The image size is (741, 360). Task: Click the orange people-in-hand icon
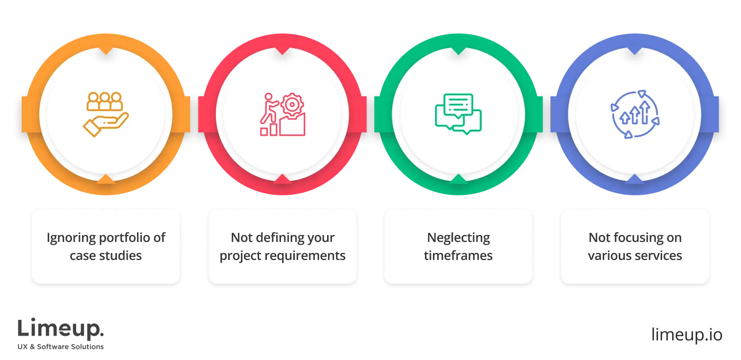[105, 114]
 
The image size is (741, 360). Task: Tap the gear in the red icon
[291, 105]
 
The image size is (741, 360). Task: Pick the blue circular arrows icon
[635, 114]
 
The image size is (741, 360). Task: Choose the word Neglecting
[458, 238]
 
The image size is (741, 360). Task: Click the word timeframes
[458, 255]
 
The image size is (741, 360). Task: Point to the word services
[658, 255]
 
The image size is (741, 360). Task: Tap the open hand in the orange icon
[105, 124]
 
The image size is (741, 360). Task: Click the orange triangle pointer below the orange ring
[106, 178]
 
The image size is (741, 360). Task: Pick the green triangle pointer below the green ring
[458, 178]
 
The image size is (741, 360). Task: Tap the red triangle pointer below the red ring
[282, 178]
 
